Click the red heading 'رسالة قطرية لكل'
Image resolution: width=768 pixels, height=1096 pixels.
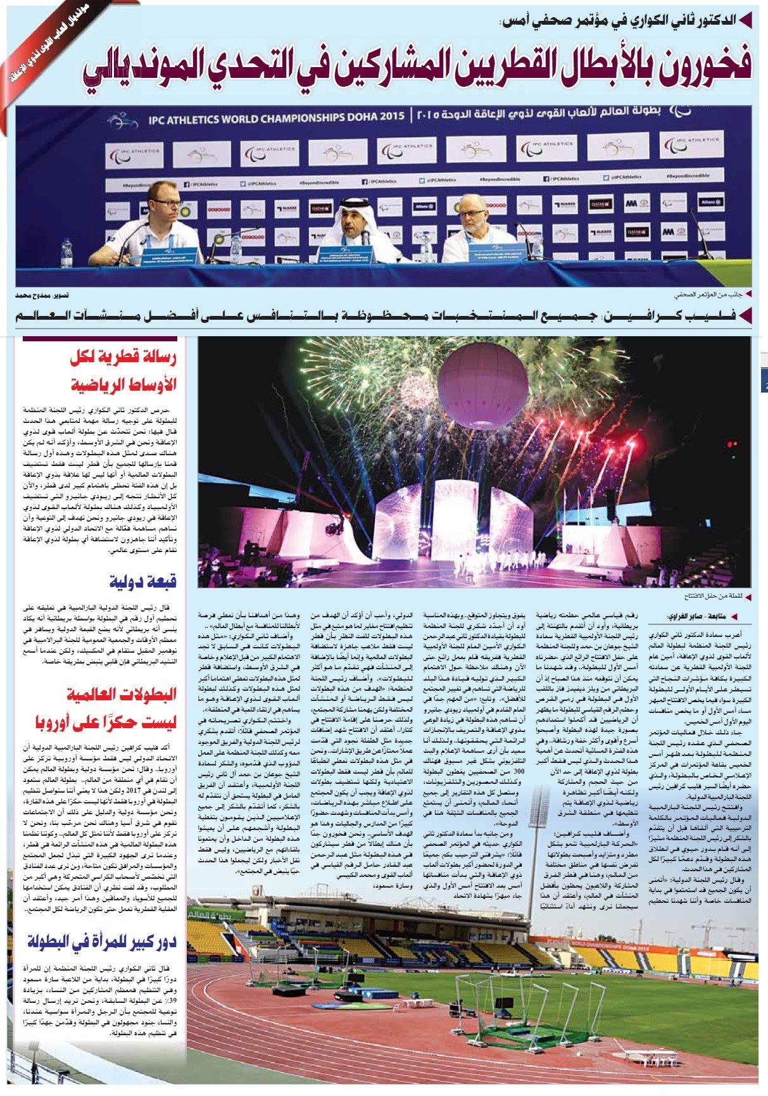(123, 358)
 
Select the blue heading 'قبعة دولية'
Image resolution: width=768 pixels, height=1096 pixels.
(143, 581)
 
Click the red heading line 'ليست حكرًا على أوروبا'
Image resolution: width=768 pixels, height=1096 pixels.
(105, 722)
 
